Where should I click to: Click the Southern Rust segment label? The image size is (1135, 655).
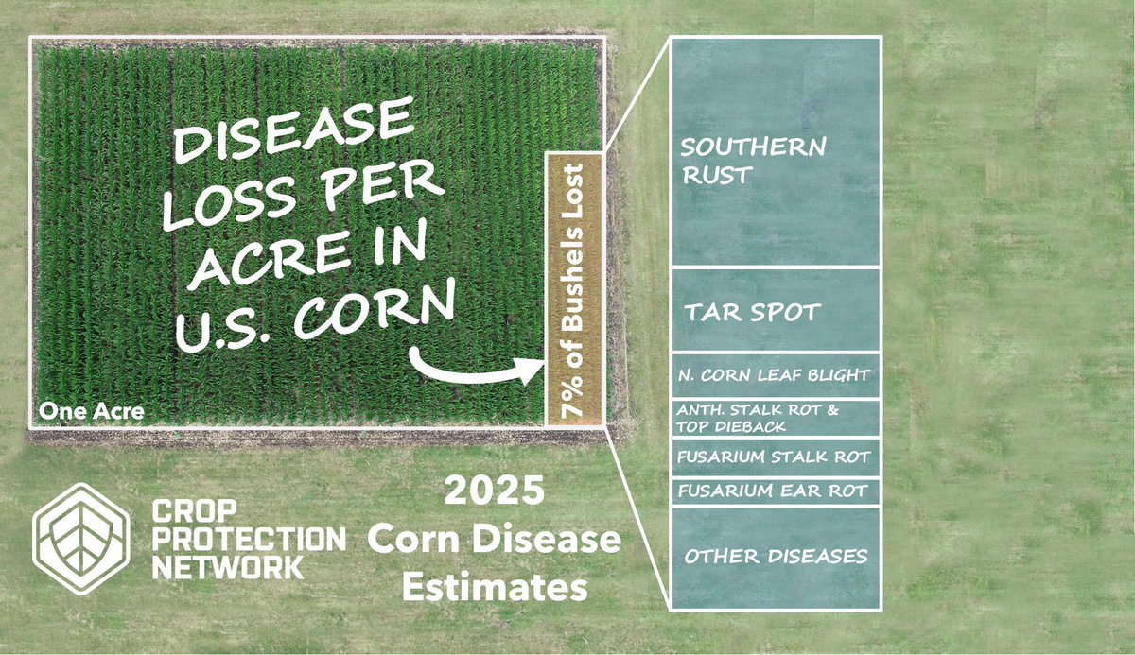click(753, 161)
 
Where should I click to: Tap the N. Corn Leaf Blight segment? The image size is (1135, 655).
click(775, 375)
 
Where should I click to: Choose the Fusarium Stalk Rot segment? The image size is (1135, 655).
click(775, 457)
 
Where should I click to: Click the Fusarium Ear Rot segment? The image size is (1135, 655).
click(775, 492)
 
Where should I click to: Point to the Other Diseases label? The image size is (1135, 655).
click(776, 556)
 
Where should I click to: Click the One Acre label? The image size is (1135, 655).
click(91, 412)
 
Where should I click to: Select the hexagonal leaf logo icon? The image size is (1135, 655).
click(80, 539)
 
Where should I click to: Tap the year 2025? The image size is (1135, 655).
click(495, 493)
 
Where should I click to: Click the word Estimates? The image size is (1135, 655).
click(495, 587)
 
